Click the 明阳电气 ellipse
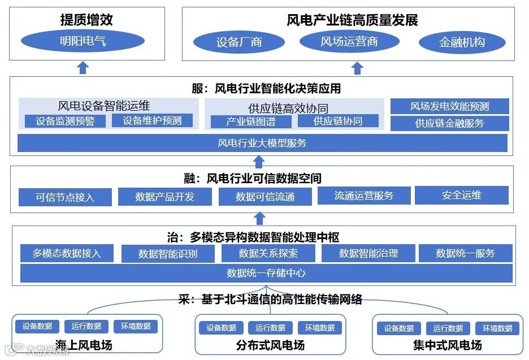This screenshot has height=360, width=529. [83, 41]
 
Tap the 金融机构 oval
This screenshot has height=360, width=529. [462, 42]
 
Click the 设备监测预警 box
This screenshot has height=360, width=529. [65, 120]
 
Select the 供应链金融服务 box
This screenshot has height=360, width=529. [449, 123]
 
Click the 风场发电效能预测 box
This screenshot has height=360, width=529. [449, 106]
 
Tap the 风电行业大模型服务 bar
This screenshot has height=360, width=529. [262, 143]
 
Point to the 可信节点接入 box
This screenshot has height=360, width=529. [65, 197]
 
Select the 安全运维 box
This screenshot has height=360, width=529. [461, 195]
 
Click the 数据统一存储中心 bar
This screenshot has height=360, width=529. [266, 273]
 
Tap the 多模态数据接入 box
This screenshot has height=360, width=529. [67, 253]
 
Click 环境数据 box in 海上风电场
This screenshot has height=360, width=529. [136, 326]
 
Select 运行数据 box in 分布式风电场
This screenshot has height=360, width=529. [270, 328]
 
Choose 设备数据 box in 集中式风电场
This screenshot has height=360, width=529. [399, 328]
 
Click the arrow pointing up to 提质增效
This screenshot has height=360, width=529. [83, 68]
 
